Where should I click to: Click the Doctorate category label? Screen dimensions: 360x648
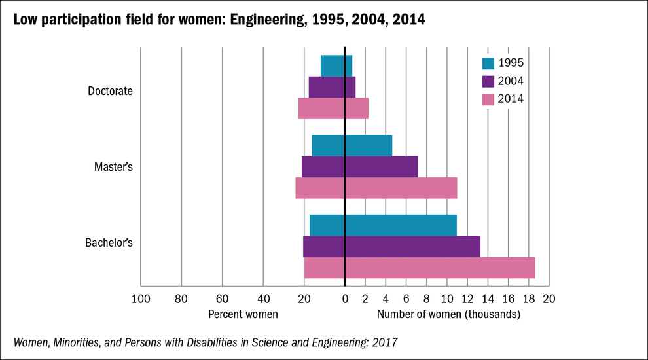110,91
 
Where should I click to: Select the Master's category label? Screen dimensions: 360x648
113,167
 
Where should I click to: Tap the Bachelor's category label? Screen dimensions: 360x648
109,243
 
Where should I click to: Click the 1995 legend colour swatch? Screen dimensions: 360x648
488,63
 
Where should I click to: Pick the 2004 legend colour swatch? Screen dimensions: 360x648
488,81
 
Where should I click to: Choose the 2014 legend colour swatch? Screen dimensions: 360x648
488,99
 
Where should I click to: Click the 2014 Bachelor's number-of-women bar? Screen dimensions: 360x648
440,268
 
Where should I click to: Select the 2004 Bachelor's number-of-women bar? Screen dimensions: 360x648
412,246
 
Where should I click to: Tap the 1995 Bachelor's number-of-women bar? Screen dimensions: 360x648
401,225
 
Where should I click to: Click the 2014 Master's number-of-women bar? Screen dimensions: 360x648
401,188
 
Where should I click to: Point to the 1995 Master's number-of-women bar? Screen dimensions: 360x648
369,145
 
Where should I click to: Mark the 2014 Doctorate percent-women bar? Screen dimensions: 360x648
321,109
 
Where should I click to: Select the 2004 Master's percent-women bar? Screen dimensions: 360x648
323,167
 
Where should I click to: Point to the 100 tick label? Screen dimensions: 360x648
140,299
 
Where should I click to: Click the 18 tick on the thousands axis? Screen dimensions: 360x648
528,299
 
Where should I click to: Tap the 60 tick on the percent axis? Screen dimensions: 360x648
223,299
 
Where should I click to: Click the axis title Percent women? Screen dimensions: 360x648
243,314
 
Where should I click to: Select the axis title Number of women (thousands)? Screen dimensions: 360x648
448,314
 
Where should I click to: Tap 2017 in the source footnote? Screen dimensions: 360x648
384,342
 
